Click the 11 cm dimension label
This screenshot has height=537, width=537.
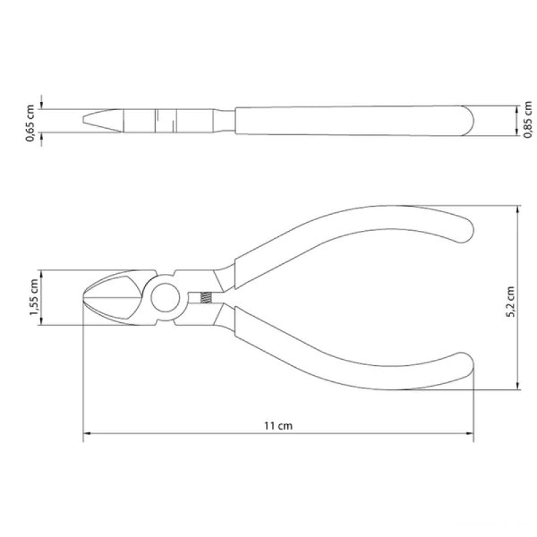point(278,426)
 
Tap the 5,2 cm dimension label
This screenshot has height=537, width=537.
point(510,301)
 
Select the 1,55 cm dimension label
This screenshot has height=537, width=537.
point(34,297)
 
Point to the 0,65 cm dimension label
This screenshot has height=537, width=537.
point(30,123)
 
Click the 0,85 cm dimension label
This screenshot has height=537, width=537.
point(528,119)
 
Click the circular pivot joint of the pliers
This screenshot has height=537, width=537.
point(165,297)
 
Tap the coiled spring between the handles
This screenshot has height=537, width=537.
point(205,297)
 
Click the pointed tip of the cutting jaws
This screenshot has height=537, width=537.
point(84,297)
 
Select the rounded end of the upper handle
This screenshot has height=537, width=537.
point(467,230)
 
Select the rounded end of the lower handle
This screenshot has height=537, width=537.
point(467,365)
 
